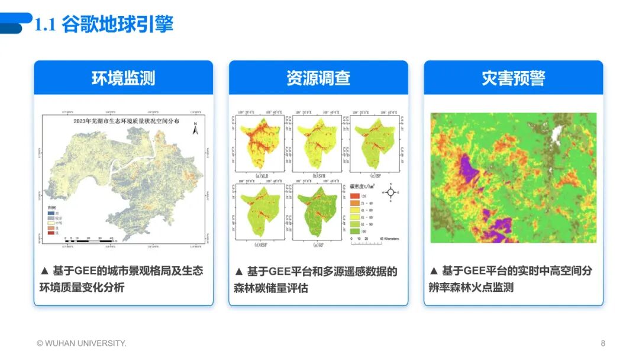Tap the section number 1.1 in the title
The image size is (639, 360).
(46, 25)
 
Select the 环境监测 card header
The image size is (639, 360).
(123, 78)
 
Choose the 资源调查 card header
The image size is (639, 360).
(318, 78)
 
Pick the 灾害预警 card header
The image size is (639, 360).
(513, 78)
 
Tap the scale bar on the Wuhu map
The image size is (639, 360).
(89, 241)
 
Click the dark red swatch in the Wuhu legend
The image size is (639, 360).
(51, 233)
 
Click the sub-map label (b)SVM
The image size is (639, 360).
(317, 176)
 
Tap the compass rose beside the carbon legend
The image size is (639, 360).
(390, 192)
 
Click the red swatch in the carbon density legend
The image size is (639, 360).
(355, 195)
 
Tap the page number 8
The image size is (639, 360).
(603, 343)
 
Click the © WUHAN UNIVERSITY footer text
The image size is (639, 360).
(81, 343)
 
